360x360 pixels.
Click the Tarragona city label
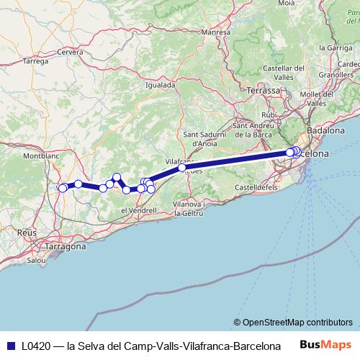(x=66, y=246)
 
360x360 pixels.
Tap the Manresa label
(x=215, y=32)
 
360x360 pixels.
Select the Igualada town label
(x=161, y=84)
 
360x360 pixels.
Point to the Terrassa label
(x=263, y=91)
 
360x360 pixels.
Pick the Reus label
(x=26, y=233)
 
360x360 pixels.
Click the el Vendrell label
(x=139, y=210)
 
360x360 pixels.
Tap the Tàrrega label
(x=35, y=62)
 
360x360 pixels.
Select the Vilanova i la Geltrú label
(x=194, y=209)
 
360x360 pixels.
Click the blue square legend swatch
(x=10, y=346)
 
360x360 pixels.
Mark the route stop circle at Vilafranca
(x=182, y=168)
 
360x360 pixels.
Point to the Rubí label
(x=269, y=114)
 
